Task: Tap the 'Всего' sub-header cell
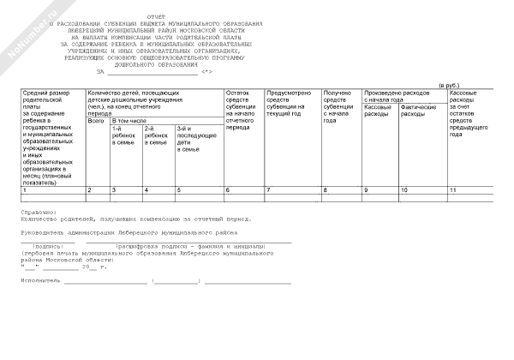(95, 122)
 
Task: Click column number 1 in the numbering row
(24, 189)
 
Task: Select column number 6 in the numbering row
(227, 189)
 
